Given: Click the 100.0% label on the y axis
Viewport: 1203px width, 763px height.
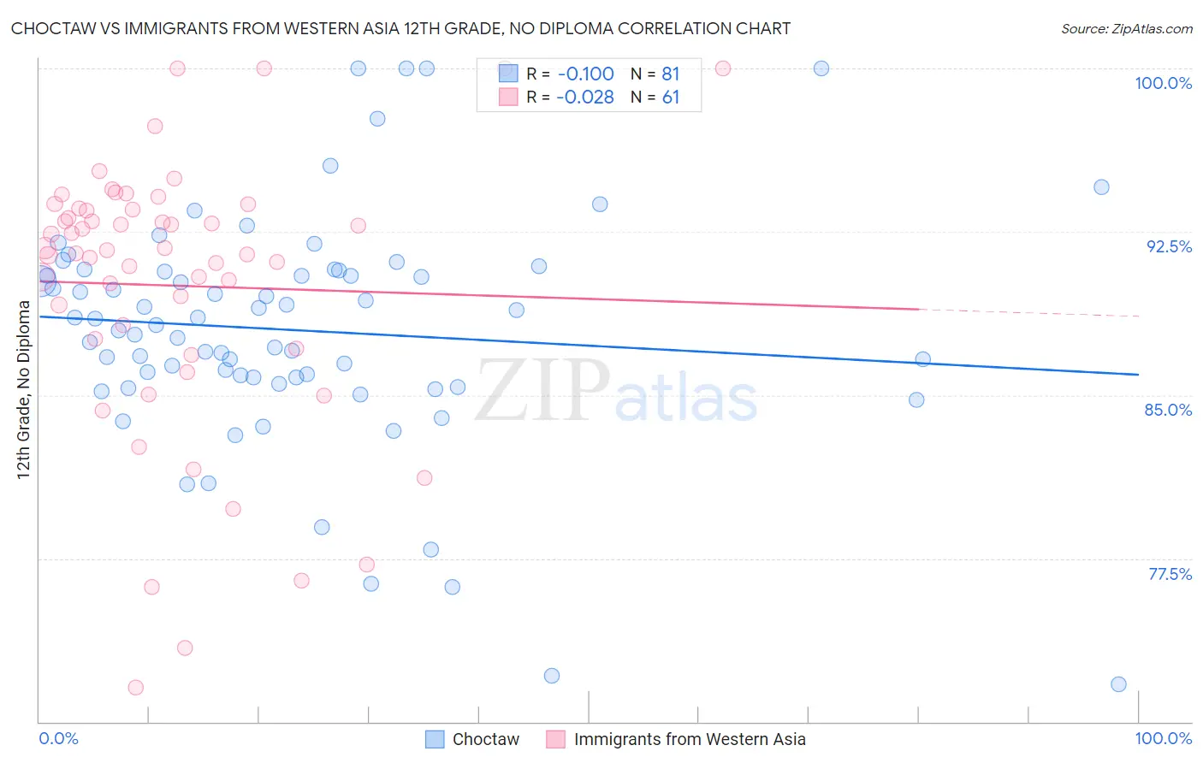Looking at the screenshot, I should tap(1163, 83).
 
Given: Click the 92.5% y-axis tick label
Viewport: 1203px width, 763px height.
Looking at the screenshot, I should tap(1169, 246).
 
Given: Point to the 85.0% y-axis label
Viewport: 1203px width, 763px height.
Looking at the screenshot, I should tap(1168, 410).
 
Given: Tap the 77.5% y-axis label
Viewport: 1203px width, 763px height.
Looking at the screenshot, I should tap(1170, 574).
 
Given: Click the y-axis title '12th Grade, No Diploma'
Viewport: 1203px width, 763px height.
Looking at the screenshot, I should tap(24, 389).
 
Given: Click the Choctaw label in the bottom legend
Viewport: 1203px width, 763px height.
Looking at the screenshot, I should tap(485, 740).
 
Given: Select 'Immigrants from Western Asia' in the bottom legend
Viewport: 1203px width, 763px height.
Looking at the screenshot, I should tap(689, 740).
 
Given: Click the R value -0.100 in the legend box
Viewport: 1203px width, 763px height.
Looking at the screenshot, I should tap(585, 74).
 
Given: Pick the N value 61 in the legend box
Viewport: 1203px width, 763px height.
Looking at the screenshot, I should tap(671, 98).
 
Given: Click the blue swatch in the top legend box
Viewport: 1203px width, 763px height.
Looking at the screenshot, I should tap(508, 74).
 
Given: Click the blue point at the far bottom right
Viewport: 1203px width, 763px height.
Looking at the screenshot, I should tap(1118, 684).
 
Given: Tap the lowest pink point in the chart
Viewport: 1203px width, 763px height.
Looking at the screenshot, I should tap(135, 688).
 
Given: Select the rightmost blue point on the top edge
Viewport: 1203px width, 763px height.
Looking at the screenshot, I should tap(821, 68).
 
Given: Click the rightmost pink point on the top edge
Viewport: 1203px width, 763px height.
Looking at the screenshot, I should tap(723, 68).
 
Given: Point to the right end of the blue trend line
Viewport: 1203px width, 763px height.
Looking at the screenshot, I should tap(1138, 375).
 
